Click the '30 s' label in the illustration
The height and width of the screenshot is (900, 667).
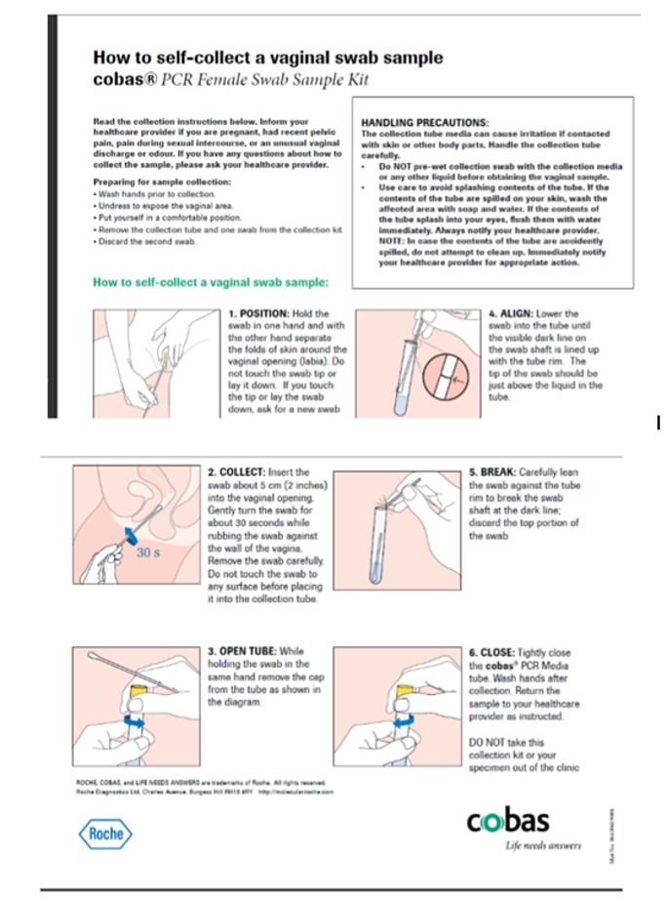(149, 552)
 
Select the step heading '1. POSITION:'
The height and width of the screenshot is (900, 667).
(258, 314)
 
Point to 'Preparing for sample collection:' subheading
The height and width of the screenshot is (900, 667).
(162, 183)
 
